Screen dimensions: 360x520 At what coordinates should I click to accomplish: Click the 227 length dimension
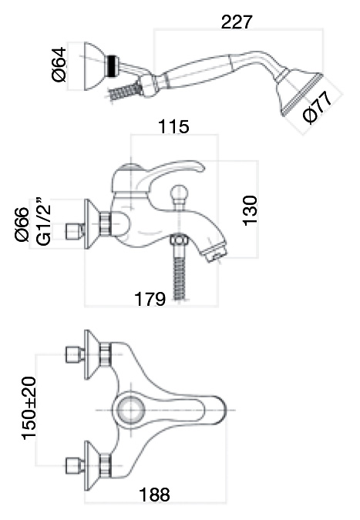(237, 22)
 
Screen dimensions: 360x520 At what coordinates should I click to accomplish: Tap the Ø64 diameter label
(59, 65)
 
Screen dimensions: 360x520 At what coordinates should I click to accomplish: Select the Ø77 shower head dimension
(318, 107)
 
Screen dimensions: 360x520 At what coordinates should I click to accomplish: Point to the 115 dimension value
(173, 126)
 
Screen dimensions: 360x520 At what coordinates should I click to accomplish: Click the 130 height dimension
(251, 210)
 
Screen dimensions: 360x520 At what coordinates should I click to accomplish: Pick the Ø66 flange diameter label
(22, 224)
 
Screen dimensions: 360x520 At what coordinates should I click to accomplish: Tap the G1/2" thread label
(44, 222)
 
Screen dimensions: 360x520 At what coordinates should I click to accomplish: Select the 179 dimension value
(150, 299)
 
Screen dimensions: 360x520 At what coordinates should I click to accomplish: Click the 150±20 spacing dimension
(29, 408)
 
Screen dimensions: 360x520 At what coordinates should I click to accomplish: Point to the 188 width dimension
(155, 495)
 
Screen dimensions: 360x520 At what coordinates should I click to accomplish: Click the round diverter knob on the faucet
(179, 193)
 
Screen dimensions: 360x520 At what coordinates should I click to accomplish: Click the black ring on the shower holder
(112, 66)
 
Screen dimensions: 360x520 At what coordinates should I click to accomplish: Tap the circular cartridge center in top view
(131, 410)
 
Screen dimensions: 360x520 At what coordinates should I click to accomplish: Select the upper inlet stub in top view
(75, 354)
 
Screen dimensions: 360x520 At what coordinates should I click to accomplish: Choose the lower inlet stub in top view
(75, 465)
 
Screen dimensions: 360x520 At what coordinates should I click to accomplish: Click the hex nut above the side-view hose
(179, 240)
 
